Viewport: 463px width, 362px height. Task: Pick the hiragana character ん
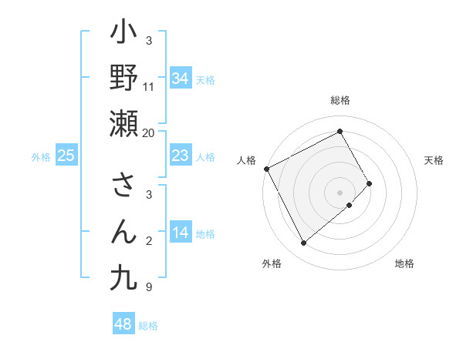pos(123,230)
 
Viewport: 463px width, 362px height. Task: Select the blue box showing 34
pos(181,78)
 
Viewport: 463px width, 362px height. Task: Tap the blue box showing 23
pos(181,156)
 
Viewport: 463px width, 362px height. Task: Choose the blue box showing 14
pos(181,233)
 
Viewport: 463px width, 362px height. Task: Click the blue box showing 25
pos(66,156)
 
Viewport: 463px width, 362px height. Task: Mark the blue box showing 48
pos(123,324)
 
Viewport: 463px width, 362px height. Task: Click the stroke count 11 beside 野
pos(149,87)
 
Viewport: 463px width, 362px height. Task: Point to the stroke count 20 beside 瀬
pos(149,133)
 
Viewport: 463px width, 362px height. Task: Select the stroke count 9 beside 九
pos(149,287)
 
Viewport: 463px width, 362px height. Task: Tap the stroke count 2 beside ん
pos(149,241)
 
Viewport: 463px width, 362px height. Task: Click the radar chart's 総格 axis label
pos(340,100)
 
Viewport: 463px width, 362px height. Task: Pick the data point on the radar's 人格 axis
pos(266,169)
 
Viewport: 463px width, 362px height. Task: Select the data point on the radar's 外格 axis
pos(303,243)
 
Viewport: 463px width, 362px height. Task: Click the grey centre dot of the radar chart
pos(340,192)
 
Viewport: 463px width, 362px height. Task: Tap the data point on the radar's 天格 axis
pos(370,183)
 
